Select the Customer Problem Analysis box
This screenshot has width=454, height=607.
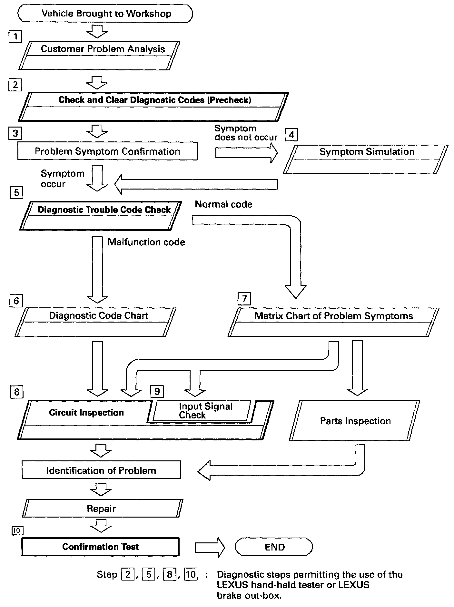pyautogui.click(x=99, y=55)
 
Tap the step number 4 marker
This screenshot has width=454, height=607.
pyautogui.click(x=291, y=135)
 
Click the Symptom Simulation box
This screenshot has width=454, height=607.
pyautogui.click(x=366, y=159)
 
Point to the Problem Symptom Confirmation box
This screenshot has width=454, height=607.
pyautogui.click(x=107, y=151)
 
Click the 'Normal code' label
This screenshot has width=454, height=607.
pyautogui.click(x=223, y=204)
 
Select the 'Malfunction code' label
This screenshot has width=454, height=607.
pyautogui.click(x=146, y=242)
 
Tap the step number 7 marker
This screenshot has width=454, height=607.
pyautogui.click(x=244, y=299)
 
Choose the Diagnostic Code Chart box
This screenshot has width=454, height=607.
pyautogui.click(x=95, y=322)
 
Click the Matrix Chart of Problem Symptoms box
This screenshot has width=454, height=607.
pyautogui.click(x=333, y=322)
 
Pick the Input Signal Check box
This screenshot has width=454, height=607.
pyautogui.click(x=202, y=411)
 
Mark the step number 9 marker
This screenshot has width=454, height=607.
pyautogui.click(x=157, y=392)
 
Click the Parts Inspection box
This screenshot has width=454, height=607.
pyautogui.click(x=355, y=421)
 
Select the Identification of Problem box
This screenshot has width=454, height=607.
pyautogui.click(x=101, y=470)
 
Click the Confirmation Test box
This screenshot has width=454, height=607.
pyautogui.click(x=100, y=547)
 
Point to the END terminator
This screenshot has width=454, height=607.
pyautogui.click(x=274, y=547)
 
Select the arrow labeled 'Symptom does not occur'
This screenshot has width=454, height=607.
pyautogui.click(x=246, y=152)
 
